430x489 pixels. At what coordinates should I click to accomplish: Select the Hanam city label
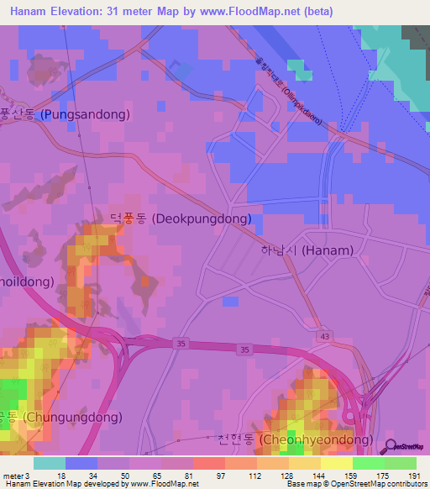[306, 250]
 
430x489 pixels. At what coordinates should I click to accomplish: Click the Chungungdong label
[60, 417]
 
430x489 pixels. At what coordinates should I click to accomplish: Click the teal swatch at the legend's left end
[49, 463]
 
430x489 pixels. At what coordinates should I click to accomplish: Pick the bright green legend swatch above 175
[369, 463]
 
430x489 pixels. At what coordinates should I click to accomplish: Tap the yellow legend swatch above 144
[305, 463]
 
